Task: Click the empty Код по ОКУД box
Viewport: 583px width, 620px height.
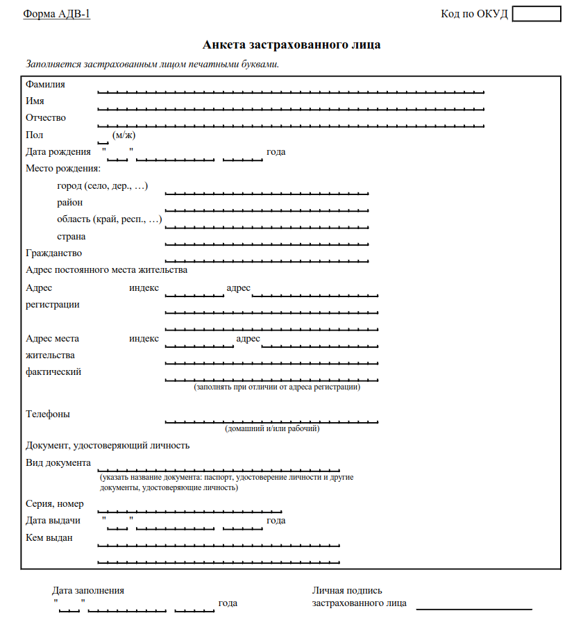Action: point(536,14)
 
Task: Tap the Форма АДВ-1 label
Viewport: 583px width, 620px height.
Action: point(57,14)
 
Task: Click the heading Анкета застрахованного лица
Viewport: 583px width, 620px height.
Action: point(291,45)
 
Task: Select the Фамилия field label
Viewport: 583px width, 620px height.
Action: point(45,85)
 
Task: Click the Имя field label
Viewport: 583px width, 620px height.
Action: point(35,101)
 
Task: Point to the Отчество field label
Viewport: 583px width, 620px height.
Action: point(46,118)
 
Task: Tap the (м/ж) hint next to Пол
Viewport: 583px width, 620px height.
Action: point(124,135)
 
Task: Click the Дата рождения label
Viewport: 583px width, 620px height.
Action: point(58,152)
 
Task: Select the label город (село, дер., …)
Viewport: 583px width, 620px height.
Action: point(103,186)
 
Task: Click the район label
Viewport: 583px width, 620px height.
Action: point(70,203)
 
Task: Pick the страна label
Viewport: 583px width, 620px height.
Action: point(71,236)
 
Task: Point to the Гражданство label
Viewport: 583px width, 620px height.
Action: point(53,253)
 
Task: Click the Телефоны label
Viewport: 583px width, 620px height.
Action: point(48,414)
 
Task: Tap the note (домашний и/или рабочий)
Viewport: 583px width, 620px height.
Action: point(272,430)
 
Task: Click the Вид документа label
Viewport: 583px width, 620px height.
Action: point(58,463)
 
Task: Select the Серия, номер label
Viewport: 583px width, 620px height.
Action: point(55,504)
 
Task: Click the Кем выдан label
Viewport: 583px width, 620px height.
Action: point(49,537)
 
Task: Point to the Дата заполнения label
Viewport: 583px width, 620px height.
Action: point(88,590)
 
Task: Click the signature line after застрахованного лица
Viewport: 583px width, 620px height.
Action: point(473,609)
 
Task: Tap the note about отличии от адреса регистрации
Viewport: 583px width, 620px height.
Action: point(277,387)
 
